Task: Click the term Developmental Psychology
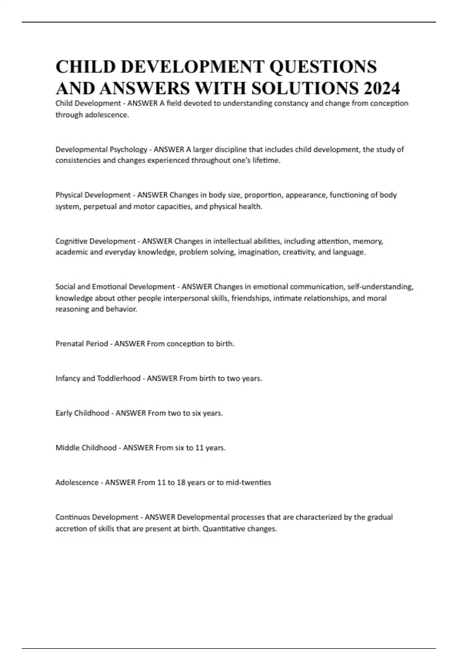[x=101, y=149]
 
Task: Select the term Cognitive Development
[x=95, y=241]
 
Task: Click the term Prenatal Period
[x=82, y=344]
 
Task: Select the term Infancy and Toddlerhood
[x=98, y=378]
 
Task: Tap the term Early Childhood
[x=82, y=413]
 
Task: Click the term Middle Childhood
[x=86, y=448]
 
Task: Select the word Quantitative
[x=224, y=529]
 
